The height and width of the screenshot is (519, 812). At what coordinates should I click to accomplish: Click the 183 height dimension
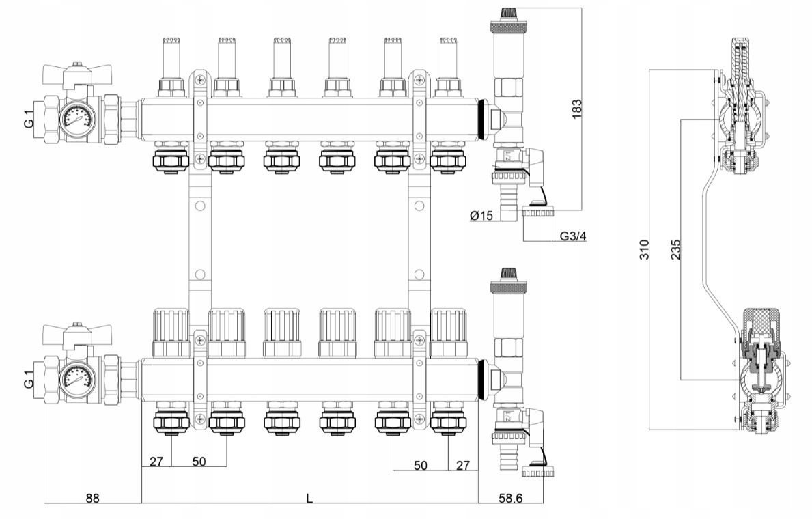[x=576, y=109]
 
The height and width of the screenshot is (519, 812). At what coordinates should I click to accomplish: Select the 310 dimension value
[x=643, y=250]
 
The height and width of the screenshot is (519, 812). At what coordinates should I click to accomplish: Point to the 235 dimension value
[x=675, y=250]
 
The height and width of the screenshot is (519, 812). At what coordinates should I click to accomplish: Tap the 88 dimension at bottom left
[x=92, y=499]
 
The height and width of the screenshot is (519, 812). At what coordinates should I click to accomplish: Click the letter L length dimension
[x=309, y=499]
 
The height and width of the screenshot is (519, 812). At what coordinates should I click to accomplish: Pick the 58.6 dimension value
[x=510, y=499]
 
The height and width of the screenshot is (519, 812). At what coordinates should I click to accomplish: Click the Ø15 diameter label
[x=481, y=216]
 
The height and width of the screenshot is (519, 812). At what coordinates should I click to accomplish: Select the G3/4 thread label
[x=573, y=236]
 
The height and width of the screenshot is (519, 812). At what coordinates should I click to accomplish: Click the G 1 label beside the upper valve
[x=29, y=119]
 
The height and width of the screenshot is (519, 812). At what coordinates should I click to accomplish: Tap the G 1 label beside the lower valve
[x=29, y=380]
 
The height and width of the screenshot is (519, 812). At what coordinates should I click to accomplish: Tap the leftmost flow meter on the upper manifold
[x=171, y=67]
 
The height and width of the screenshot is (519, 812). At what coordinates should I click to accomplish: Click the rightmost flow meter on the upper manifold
[x=448, y=67]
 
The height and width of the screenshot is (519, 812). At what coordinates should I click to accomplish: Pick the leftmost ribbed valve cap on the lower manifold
[x=171, y=333]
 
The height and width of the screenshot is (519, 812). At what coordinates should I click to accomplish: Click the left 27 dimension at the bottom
[x=156, y=462]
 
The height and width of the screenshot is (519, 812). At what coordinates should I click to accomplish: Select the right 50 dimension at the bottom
[x=421, y=465]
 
